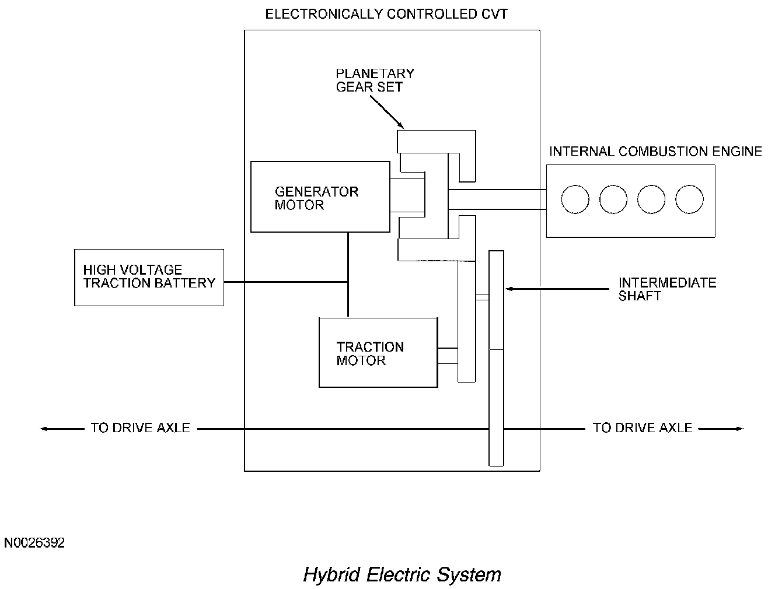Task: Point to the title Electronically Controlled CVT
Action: pyautogui.click(x=386, y=14)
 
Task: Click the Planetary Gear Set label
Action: pyautogui.click(x=375, y=80)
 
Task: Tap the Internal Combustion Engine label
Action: pyautogui.click(x=655, y=151)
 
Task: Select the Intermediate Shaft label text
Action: pyautogui.click(x=667, y=289)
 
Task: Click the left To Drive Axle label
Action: pyautogui.click(x=141, y=428)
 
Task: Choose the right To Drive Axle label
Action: pyautogui.click(x=643, y=428)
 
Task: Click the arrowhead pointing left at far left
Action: pyautogui.click(x=43, y=429)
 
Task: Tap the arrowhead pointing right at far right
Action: pyautogui.click(x=740, y=429)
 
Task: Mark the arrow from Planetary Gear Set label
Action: pyautogui.click(x=387, y=112)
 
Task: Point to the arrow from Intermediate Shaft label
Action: pyautogui.click(x=557, y=289)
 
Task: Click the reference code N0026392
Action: pyautogui.click(x=34, y=543)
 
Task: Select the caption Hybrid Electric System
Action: pyautogui.click(x=402, y=574)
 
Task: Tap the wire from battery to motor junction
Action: pyautogui.click(x=286, y=282)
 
